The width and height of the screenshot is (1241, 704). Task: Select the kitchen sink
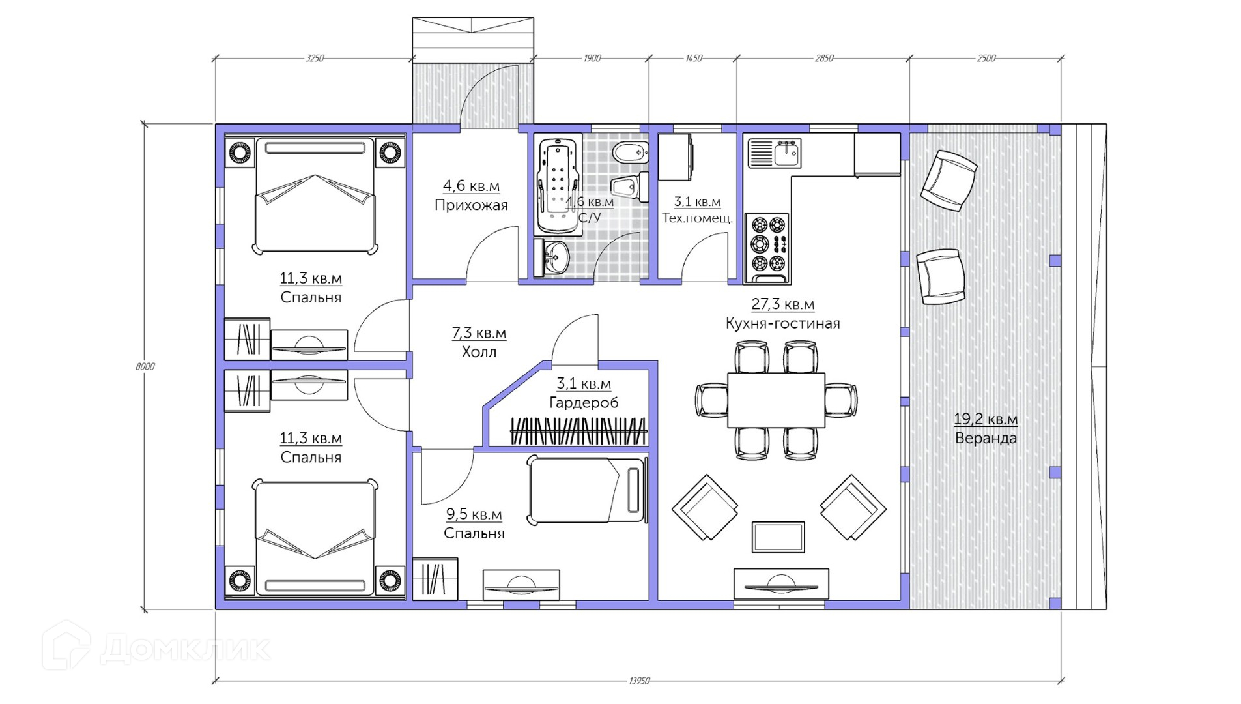[775, 153]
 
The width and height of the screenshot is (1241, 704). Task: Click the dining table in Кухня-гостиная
[776, 400]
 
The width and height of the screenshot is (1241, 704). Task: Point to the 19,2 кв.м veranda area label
[986, 419]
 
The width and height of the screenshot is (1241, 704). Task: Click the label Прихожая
[471, 205]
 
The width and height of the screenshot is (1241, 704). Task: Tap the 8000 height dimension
[145, 366]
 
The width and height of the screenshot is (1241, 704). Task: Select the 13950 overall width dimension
[640, 681]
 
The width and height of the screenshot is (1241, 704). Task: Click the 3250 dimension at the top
[315, 58]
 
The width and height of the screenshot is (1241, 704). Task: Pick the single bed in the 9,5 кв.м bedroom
[586, 490]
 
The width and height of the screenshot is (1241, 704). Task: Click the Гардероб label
[584, 403]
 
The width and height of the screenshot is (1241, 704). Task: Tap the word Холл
[479, 352]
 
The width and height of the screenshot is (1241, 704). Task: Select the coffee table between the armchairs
[778, 536]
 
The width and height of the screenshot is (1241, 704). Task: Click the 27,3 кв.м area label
[782, 304]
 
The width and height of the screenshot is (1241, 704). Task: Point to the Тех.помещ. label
[697, 218]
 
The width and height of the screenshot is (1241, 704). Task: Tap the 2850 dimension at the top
[824, 58]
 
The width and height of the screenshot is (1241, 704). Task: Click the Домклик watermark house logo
[66, 645]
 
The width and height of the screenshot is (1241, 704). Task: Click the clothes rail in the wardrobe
[578, 430]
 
